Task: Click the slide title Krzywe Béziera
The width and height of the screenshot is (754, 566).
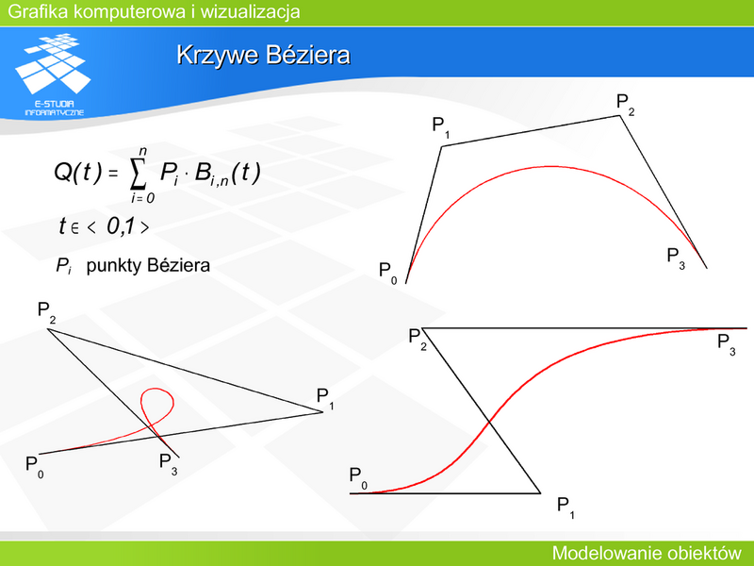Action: pos(264,56)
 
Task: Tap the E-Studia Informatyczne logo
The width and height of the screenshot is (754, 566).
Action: pos(54,75)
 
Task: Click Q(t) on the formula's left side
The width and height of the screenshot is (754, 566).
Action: pos(78,172)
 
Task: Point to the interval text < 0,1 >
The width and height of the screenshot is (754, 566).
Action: pos(117,226)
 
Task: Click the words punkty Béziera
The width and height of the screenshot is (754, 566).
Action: pos(148,265)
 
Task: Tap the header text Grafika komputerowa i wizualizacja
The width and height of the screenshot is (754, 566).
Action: pos(154,11)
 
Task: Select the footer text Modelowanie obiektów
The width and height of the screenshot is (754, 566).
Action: pos(647,553)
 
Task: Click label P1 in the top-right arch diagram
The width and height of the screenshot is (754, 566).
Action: pos(441,127)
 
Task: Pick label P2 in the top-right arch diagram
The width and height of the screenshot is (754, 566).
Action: pos(626,105)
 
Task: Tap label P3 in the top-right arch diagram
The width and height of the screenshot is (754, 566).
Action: pos(676,258)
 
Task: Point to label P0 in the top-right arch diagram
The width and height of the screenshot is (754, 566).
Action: pos(388,274)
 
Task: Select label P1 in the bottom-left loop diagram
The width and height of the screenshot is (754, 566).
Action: pos(325,399)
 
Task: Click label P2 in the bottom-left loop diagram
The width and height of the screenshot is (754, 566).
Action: pos(46,312)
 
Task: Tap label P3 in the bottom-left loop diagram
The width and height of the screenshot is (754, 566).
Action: pos(169,464)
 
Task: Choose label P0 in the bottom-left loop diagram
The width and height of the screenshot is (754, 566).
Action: pos(35,467)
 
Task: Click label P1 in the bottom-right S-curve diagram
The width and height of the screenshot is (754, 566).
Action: pos(565,508)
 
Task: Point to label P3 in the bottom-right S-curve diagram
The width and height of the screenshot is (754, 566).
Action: pos(726,344)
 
